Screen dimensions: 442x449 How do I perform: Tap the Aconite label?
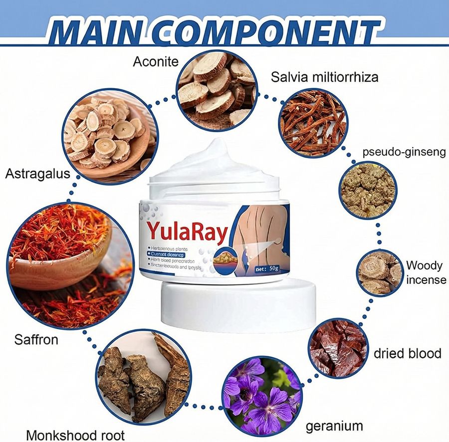tap(156, 62)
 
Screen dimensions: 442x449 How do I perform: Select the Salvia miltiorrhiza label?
tap(324, 77)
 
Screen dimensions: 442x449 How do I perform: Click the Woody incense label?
tap(426, 272)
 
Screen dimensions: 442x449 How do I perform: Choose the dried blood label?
tap(408, 354)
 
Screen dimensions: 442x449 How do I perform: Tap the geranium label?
tap(334, 426)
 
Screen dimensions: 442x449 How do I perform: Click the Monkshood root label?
tap(75, 434)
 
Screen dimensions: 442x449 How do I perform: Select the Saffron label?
tap(36, 340)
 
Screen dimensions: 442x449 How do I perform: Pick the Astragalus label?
tap(37, 175)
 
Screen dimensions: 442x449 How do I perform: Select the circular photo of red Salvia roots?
tap(313, 122)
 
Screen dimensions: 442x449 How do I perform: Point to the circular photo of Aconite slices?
tap(217, 89)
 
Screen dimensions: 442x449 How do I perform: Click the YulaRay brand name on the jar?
tap(187, 231)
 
